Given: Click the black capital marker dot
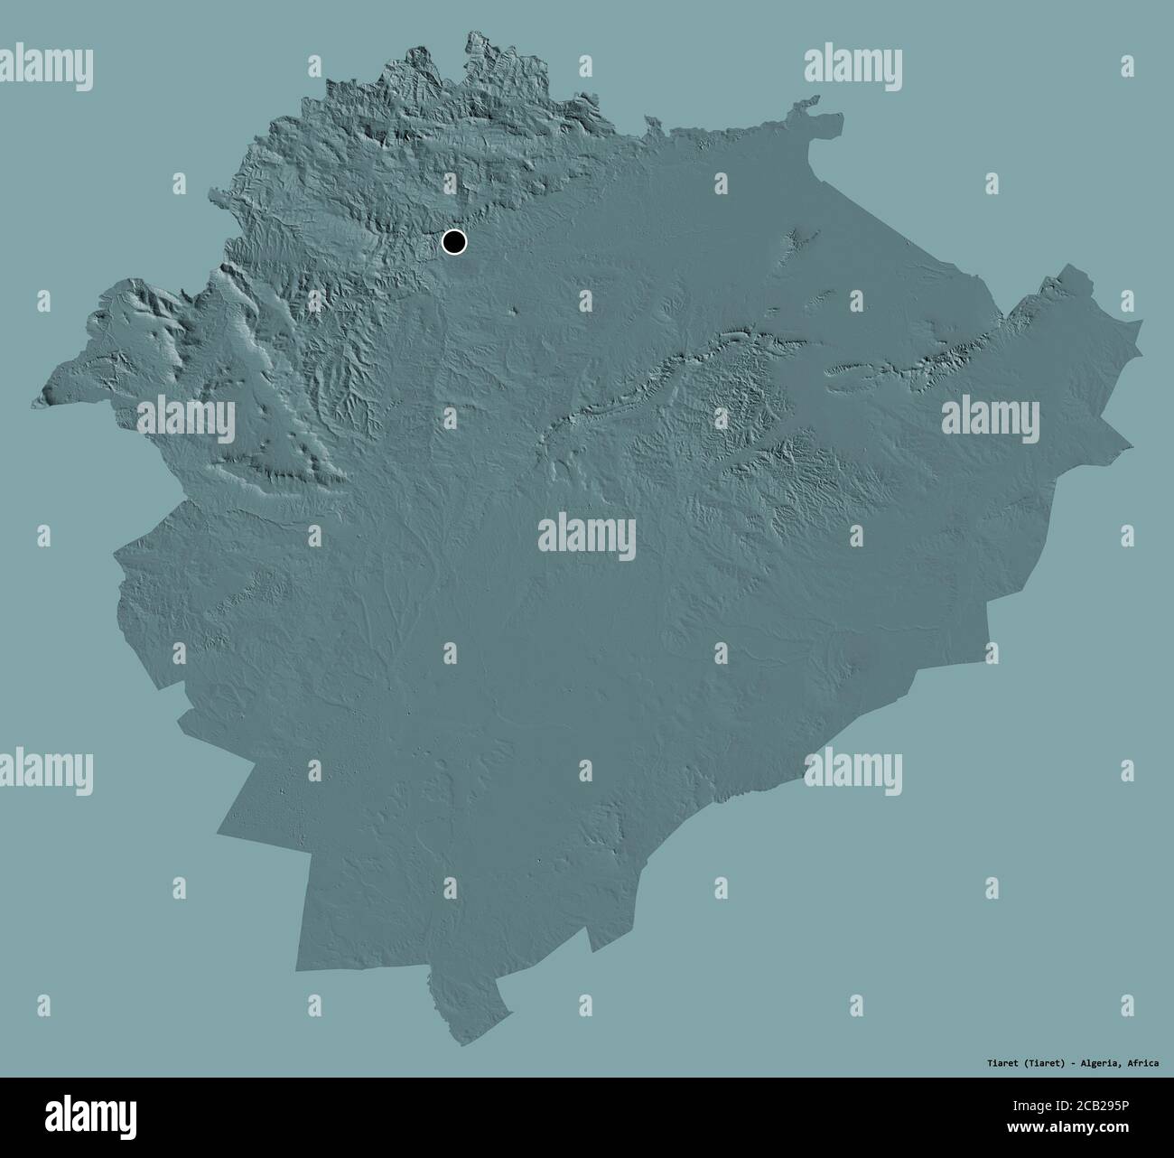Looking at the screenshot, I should point(454,242).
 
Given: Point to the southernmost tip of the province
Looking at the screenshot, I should point(462,1046).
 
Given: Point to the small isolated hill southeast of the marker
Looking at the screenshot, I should point(515,312).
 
